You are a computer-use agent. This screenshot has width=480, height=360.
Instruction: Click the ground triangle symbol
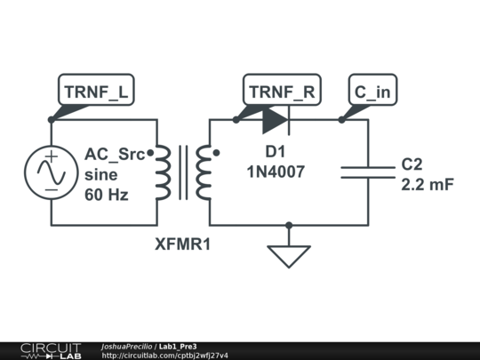(x=289, y=255)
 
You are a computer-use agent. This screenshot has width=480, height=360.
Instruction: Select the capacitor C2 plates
(x=368, y=171)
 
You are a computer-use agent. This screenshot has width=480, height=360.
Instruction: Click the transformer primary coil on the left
(x=163, y=172)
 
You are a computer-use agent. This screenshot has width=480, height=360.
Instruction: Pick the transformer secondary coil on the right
(x=204, y=172)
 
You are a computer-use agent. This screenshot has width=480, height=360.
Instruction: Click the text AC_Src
(x=114, y=156)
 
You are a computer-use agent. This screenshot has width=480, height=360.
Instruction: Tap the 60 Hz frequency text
(x=107, y=195)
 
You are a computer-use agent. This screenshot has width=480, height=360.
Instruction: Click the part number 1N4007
(x=276, y=172)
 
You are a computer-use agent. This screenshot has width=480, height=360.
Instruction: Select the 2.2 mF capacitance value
(x=428, y=185)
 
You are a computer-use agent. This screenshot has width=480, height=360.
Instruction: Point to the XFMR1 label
(x=183, y=243)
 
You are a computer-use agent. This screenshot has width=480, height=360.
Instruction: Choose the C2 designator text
(x=412, y=164)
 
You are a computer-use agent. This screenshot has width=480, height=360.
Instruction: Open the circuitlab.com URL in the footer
(x=164, y=356)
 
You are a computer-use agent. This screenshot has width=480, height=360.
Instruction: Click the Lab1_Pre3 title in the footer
(x=178, y=346)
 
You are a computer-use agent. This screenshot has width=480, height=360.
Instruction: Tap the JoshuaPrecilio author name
(x=127, y=346)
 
